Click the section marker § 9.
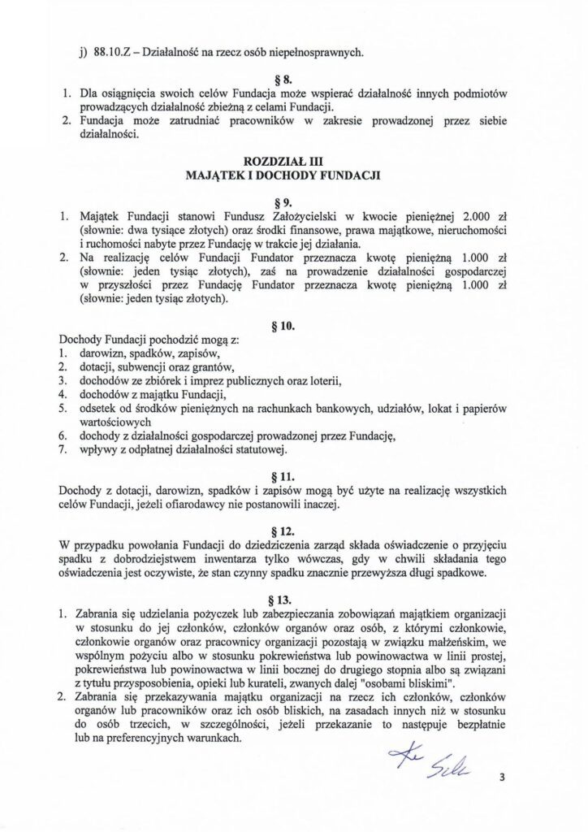pyautogui.click(x=294, y=201)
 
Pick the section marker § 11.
pyautogui.click(x=294, y=475)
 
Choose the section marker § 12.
pyautogui.click(x=294, y=529)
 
